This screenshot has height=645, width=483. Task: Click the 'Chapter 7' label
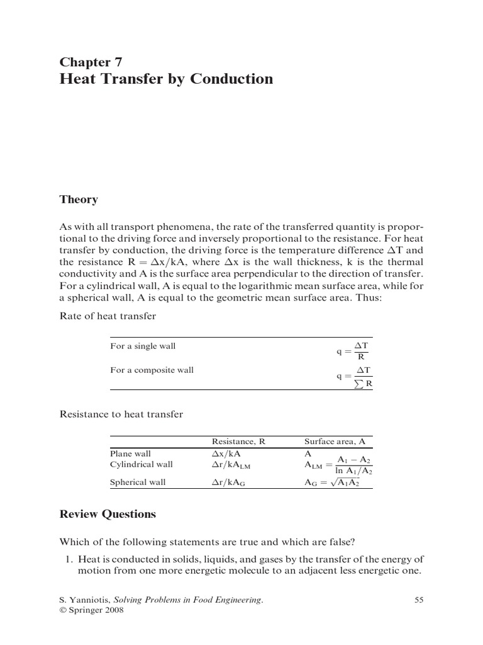pyautogui.click(x=91, y=62)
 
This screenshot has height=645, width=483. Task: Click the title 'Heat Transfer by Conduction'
pyautogui.click(x=166, y=79)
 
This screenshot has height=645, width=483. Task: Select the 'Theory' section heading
pyautogui.click(x=79, y=200)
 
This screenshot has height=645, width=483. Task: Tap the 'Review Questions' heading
pyautogui.click(x=108, y=514)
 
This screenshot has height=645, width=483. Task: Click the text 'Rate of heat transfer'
pyautogui.click(x=108, y=316)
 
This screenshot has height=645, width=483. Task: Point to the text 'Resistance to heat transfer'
pyautogui.click(x=121, y=414)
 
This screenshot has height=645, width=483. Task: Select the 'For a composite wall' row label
pyautogui.click(x=152, y=370)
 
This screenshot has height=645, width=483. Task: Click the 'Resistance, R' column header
pyautogui.click(x=238, y=442)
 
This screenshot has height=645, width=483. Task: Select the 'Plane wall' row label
pyautogui.click(x=130, y=454)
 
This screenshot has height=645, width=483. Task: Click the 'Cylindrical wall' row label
pyautogui.click(x=141, y=464)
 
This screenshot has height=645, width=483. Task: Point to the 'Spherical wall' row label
pyautogui.click(x=138, y=482)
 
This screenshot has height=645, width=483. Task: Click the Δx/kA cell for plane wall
pyautogui.click(x=227, y=454)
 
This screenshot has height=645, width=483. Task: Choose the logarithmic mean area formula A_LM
pyautogui.click(x=338, y=465)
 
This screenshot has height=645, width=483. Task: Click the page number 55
pyautogui.click(x=419, y=600)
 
